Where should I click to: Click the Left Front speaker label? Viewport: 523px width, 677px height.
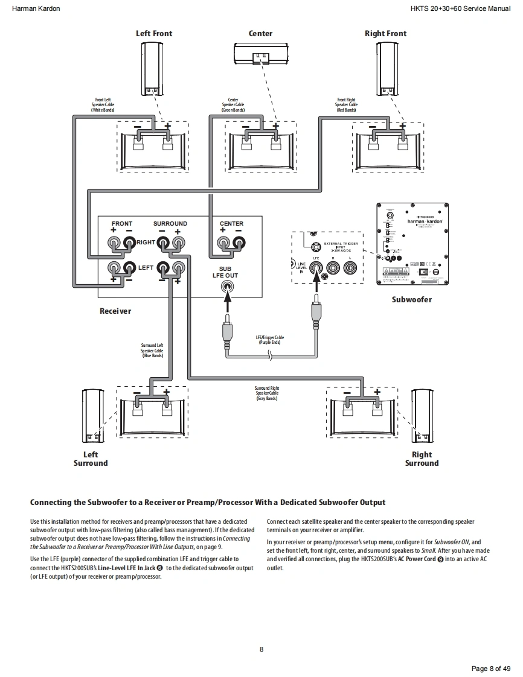point(153,33)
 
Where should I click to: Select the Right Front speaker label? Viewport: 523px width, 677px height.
point(385,33)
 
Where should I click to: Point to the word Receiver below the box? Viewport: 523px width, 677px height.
point(115,311)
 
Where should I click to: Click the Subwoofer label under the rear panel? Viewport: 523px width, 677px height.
point(411,299)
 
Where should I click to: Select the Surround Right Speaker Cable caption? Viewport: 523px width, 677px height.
point(266,393)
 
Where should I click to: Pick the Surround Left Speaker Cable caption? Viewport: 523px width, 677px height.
point(152,351)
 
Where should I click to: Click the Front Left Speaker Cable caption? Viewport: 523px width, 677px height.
point(103,105)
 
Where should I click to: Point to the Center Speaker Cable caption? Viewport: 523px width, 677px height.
point(233,105)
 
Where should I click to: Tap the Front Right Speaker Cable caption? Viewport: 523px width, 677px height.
point(346,105)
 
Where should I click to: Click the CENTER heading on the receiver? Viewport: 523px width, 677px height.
point(231,224)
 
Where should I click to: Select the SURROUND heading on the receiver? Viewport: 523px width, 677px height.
point(170,224)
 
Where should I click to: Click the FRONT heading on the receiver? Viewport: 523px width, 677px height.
point(122,224)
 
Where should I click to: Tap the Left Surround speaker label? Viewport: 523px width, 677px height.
point(91,459)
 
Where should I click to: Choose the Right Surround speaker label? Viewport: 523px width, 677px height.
point(422,459)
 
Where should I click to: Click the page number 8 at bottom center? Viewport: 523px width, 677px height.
point(261,649)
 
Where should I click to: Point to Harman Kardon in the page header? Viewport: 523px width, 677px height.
point(36,9)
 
